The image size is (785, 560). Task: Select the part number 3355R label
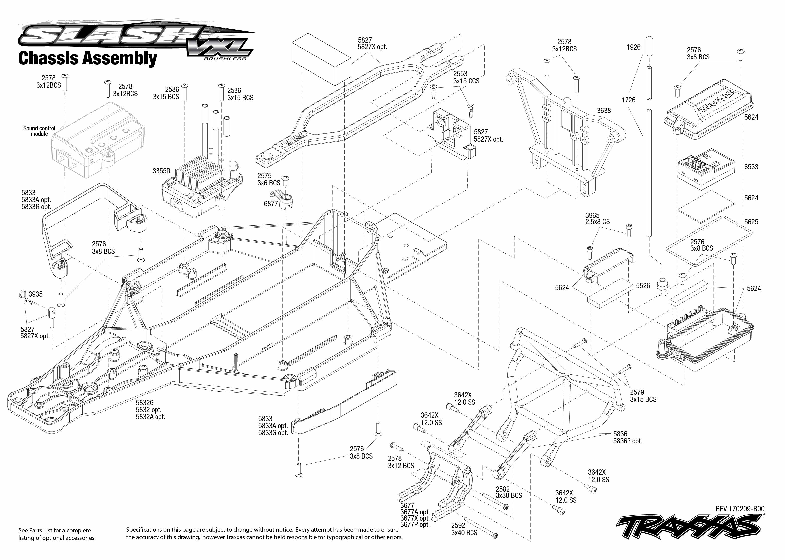[161, 171]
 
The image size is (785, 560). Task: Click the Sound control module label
[39, 131]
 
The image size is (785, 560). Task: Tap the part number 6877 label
[271, 204]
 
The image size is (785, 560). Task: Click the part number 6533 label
[751, 167]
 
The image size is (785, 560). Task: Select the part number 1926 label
[633, 47]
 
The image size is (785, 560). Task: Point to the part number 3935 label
[36, 294]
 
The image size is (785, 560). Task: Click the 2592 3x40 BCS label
[464, 529]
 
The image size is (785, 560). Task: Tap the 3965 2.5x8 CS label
[597, 218]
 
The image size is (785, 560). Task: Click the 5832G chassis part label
[150, 410]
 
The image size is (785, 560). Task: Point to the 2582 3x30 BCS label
[508, 492]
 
